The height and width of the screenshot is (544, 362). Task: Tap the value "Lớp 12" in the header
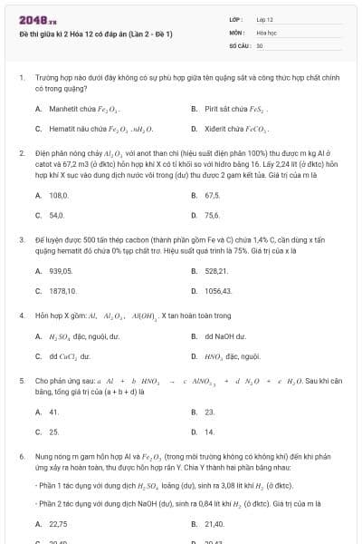coord(265,19)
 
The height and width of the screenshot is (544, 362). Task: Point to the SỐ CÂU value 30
coord(260,44)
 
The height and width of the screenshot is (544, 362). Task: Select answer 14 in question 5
coord(210,432)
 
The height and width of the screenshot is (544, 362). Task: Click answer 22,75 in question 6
coord(59,523)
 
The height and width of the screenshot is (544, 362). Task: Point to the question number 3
coord(21,240)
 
